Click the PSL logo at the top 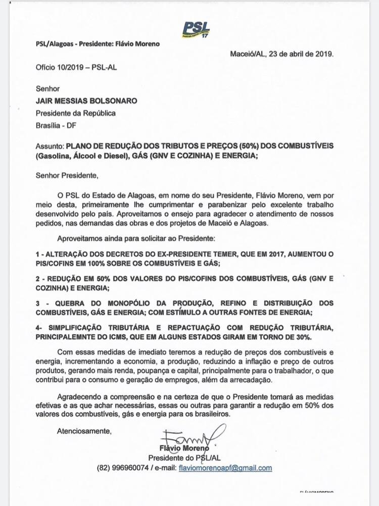197,29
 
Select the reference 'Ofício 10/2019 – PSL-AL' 77,67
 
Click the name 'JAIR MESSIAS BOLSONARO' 86,101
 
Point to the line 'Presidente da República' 75,113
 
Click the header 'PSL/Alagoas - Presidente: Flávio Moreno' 98,44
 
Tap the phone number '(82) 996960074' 123,468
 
